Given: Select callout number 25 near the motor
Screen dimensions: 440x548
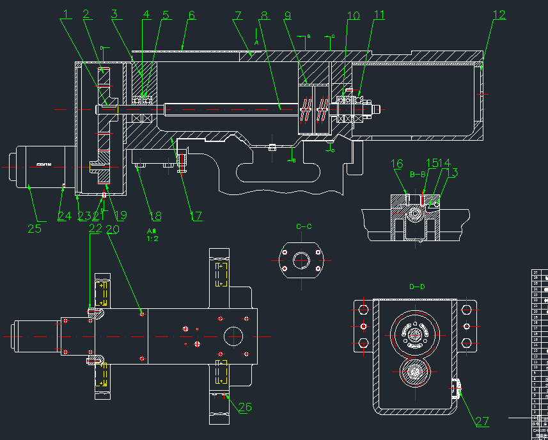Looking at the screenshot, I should click(35, 228).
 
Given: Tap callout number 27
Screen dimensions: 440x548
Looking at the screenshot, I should click(481, 421).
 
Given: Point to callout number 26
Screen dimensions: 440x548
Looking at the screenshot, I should click(244, 407).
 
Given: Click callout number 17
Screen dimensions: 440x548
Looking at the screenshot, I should click(196, 216).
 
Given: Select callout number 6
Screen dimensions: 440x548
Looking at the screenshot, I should click(191, 15).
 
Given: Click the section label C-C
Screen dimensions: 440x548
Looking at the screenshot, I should click(304, 226).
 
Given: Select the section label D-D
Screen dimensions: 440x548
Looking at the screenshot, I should click(417, 287).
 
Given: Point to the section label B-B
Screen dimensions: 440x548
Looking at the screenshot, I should click(418, 174).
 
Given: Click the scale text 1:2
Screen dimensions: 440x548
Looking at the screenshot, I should click(153, 239).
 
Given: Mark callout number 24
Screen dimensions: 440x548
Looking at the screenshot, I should click(65, 216).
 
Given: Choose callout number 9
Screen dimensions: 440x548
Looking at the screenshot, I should click(287, 15).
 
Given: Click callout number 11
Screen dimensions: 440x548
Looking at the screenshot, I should click(379, 15).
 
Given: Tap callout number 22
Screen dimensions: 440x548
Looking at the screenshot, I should click(95, 228).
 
